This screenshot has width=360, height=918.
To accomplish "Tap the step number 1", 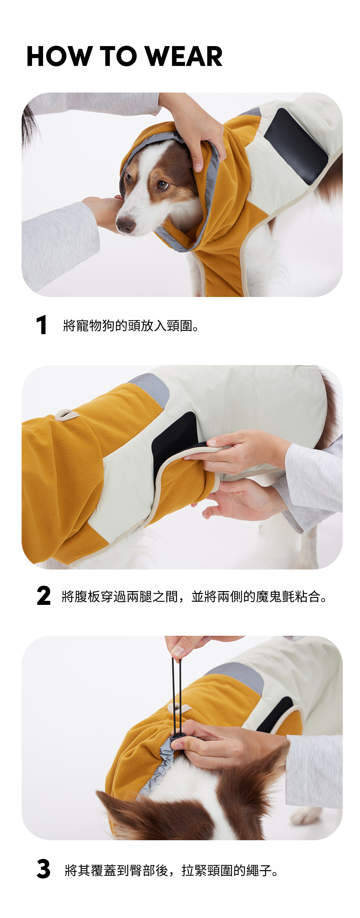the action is pos(42,325).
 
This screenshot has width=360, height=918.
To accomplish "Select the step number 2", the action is pos(44,596).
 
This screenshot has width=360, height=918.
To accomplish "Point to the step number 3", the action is pos(44,869).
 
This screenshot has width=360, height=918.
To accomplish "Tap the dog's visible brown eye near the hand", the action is pos(162,185).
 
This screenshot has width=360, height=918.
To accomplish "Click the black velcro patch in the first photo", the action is pos(296,146).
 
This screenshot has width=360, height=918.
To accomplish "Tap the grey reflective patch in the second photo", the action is pos(151,389).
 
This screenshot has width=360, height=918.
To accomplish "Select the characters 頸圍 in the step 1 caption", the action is pos(180,326).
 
